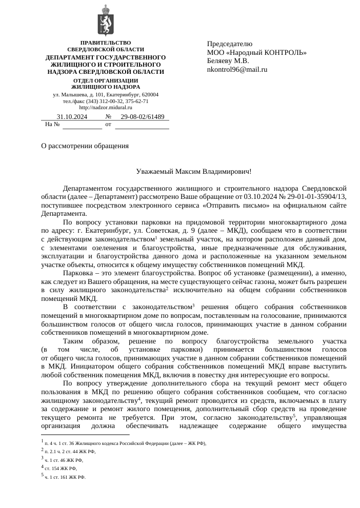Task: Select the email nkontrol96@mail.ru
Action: pyautogui.click(x=237, y=69)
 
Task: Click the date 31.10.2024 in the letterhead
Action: pyautogui.click(x=72, y=117)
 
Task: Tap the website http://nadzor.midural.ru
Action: pyautogui.click(x=105, y=107)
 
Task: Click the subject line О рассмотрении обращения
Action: pyautogui.click(x=85, y=146)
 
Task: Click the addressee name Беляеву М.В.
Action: pyautogui.click(x=228, y=60)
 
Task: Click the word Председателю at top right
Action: pyautogui.click(x=230, y=44)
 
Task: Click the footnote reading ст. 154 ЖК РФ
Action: pyautogui.click(x=61, y=469)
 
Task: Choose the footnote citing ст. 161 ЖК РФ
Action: pyautogui.click(x=65, y=477)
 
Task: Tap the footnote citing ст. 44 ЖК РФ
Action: pyautogui.click(x=70, y=452)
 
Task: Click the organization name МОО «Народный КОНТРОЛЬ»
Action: pyautogui.click(x=256, y=52)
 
